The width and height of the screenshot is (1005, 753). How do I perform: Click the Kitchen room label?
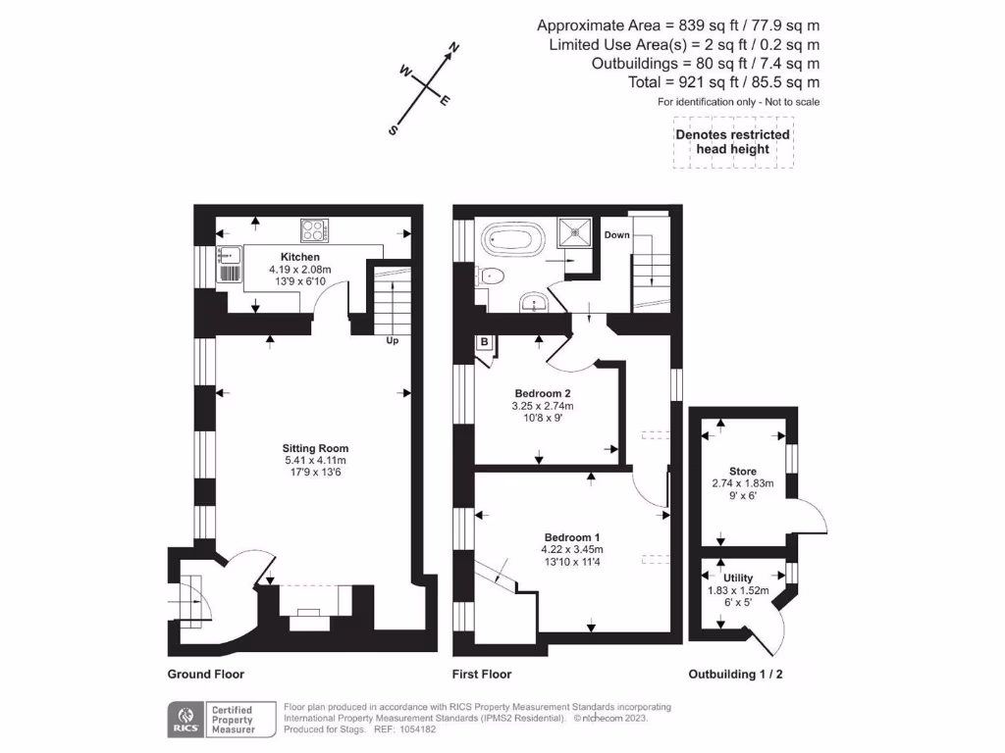[x=300, y=257]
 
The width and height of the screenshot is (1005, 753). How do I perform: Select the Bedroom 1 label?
[x=572, y=537]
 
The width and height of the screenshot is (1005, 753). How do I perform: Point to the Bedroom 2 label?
[x=543, y=393]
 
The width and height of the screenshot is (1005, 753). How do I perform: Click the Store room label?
[x=742, y=472]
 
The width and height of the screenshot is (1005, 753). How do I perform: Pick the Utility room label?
[x=738, y=578]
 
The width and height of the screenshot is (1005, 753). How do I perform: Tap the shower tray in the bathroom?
[x=571, y=231]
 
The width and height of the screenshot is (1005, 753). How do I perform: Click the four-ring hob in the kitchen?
[x=314, y=230]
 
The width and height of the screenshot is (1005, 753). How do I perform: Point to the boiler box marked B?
[x=485, y=342]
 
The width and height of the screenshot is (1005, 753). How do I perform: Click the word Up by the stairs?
[x=392, y=341]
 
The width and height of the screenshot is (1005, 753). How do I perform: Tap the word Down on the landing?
[x=616, y=235]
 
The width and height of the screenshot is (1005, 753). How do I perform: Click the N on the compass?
[x=454, y=48]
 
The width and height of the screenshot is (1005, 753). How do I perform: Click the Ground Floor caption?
[x=205, y=675]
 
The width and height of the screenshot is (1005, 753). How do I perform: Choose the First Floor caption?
[x=482, y=675]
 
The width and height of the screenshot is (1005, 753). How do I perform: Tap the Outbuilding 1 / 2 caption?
[x=736, y=675]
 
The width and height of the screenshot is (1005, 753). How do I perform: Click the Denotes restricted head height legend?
[x=732, y=142]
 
